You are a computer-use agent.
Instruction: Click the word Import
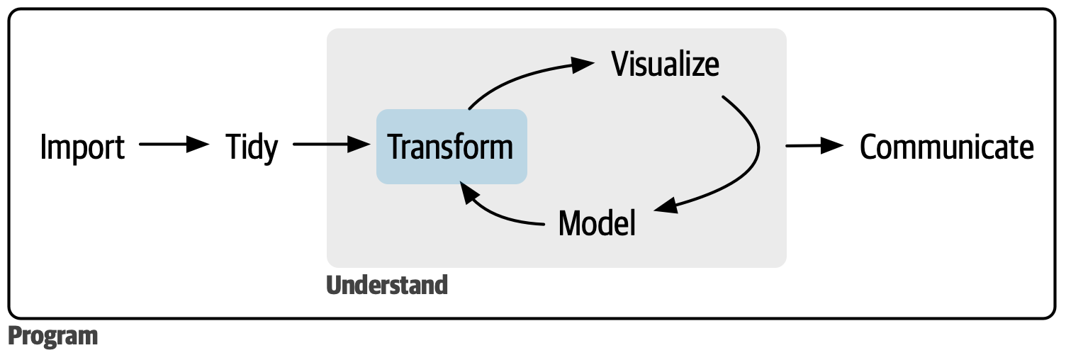82,147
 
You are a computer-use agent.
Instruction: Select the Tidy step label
252,147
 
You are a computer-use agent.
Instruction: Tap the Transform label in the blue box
451,147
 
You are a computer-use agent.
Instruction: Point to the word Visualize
665,64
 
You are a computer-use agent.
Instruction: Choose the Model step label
597,223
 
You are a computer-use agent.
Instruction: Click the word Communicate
946,147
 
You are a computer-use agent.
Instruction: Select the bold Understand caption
387,285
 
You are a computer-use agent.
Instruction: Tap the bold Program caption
53,336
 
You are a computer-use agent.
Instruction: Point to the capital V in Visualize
620,64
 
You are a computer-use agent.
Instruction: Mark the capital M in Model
570,223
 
